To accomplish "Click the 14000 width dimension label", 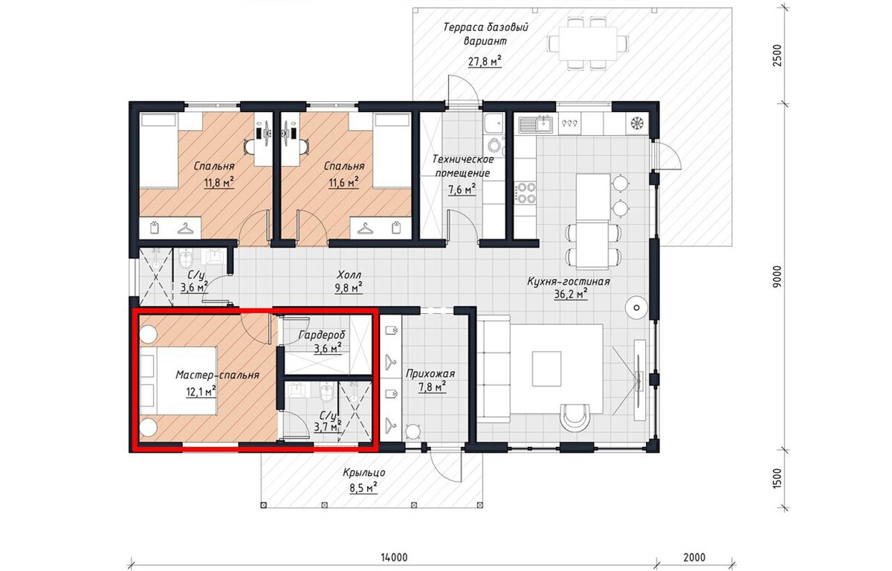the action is [393, 557].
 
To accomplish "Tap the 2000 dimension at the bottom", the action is [694, 557].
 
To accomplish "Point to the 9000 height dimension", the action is [777, 277].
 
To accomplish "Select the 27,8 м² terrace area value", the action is [484, 62].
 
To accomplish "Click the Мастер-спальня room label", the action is [217, 375].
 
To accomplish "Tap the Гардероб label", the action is [322, 335].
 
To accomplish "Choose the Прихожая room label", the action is [430, 374].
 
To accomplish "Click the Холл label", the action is [349, 275].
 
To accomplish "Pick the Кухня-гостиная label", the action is [569, 282].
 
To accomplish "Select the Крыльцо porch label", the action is [364, 472].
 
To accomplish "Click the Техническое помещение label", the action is [462, 167].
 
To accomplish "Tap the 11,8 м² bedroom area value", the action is [219, 184].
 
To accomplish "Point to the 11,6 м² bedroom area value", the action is [343, 183].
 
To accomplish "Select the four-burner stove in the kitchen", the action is [526, 193].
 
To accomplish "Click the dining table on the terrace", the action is [588, 43].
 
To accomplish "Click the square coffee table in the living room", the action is [547, 368].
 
